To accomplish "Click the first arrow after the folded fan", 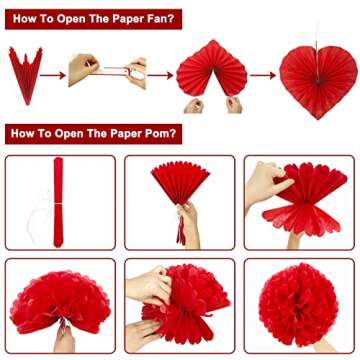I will coord(52,73).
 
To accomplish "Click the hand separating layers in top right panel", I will coord(266,183).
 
